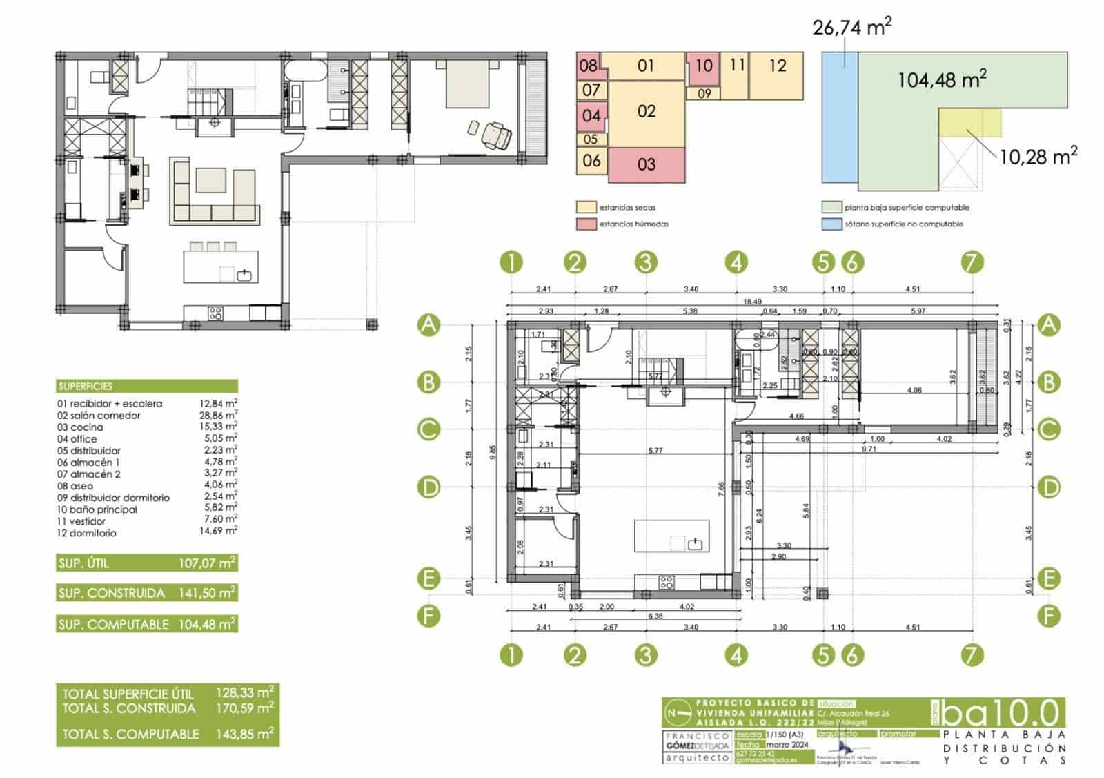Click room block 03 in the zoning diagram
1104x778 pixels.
click(647, 165)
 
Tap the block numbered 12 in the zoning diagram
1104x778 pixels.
click(777, 66)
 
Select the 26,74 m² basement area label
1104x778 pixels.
click(852, 28)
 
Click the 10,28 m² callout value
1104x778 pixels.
click(1037, 156)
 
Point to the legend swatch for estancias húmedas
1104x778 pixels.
click(586, 224)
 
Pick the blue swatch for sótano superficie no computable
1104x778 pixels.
click(831, 224)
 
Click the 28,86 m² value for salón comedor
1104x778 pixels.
click(218, 415)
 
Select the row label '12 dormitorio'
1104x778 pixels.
click(87, 533)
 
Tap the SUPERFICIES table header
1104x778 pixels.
click(86, 387)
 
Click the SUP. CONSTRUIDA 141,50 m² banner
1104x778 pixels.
click(147, 593)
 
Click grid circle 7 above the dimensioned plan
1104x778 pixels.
click(971, 262)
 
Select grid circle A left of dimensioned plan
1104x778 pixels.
click(429, 325)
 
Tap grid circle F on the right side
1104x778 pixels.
click(1048, 615)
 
